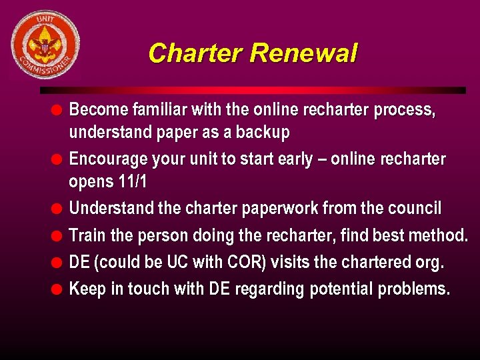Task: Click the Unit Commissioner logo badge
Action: (x=45, y=45)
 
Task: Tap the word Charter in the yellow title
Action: (x=195, y=53)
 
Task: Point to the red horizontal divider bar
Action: (x=253, y=90)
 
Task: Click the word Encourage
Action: (x=109, y=159)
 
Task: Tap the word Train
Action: (x=87, y=235)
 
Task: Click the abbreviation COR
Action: (x=249, y=262)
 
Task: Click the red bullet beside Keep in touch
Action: (x=58, y=289)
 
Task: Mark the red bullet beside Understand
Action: (x=58, y=209)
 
